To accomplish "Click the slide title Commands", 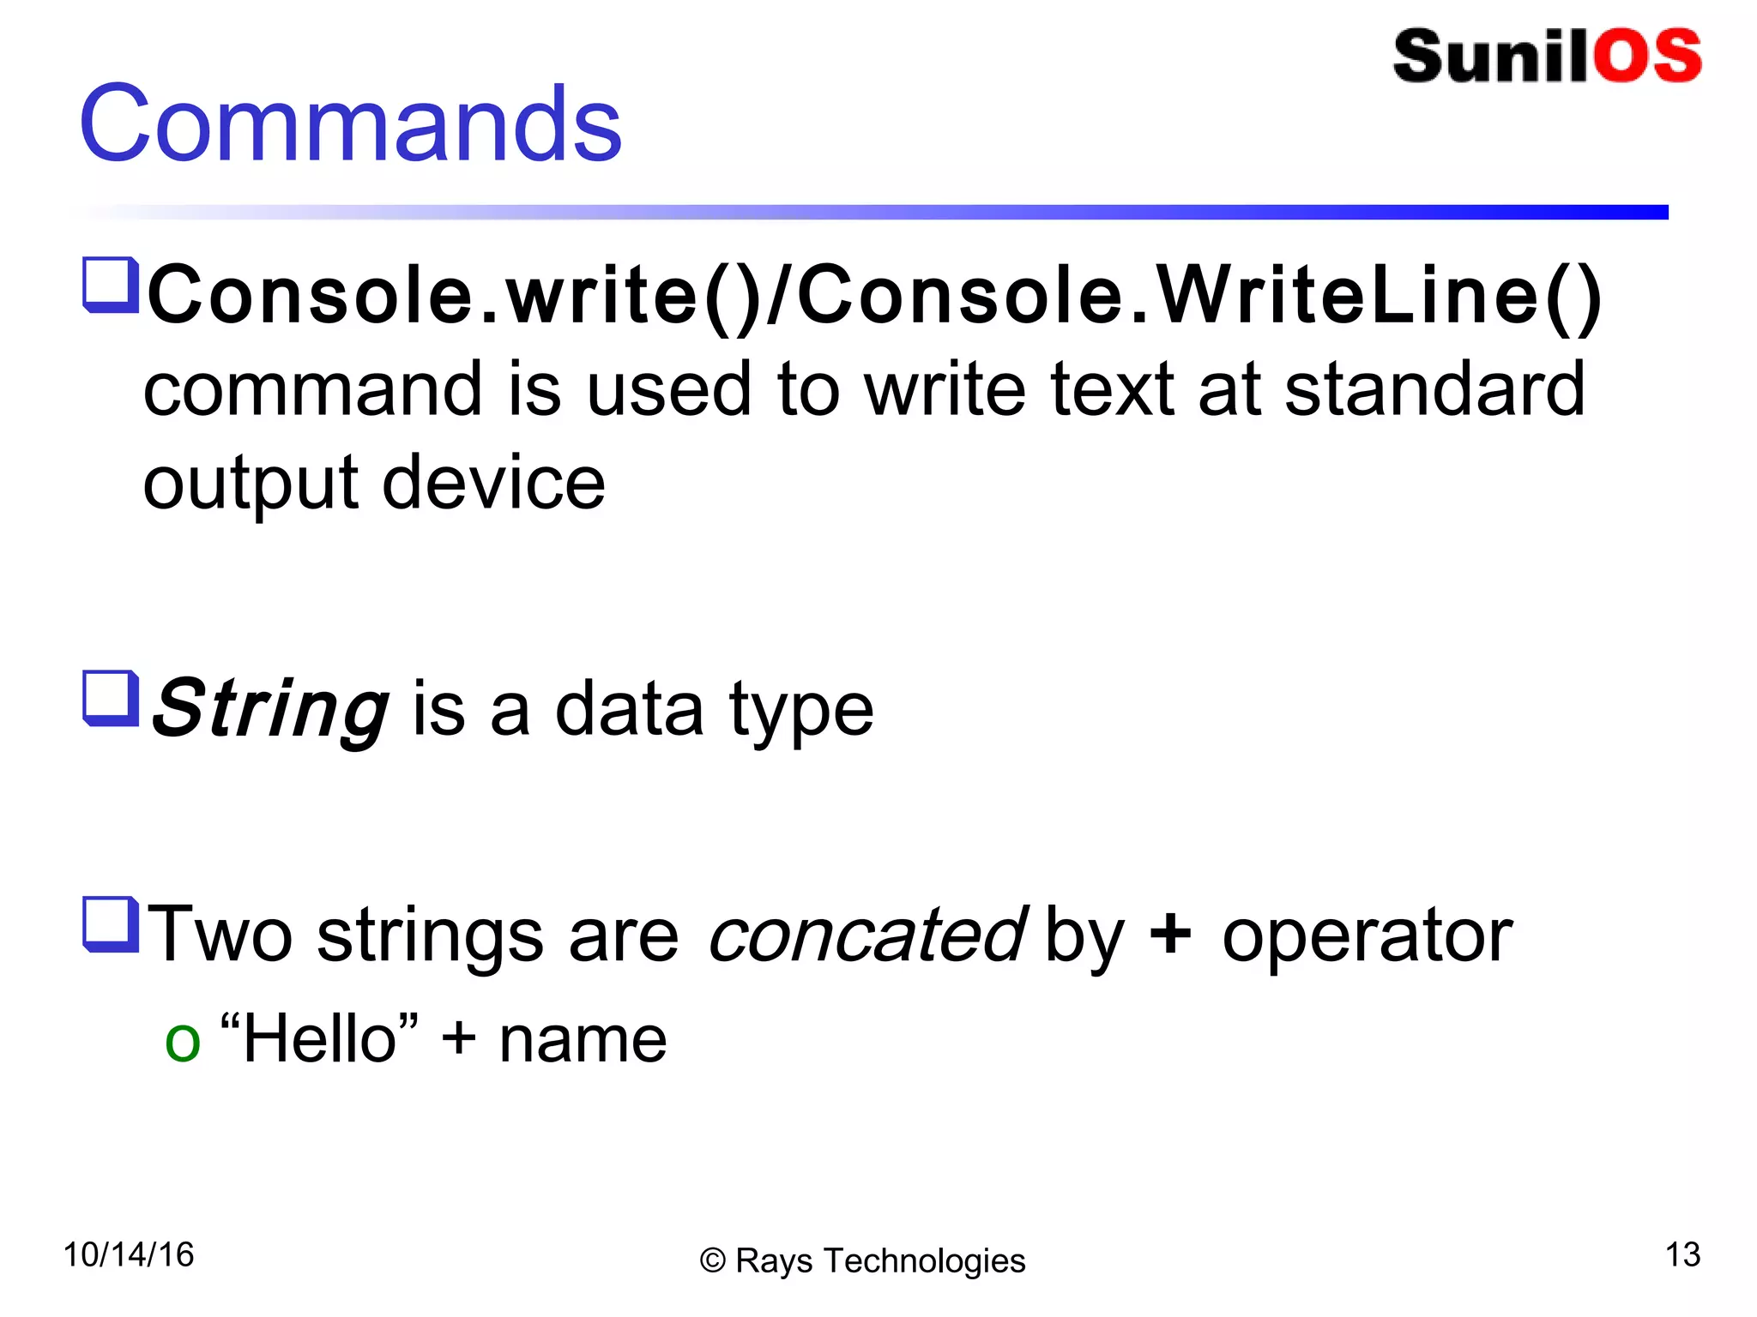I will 350,124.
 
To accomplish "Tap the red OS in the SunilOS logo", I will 1647,57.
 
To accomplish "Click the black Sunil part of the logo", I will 1493,57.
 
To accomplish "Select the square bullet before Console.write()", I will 111,285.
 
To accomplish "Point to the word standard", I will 1434,390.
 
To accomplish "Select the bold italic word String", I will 271,708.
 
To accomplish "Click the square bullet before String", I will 111,698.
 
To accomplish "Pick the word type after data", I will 801,712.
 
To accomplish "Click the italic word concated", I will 866,935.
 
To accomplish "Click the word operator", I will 1367,936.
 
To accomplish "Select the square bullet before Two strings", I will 111,924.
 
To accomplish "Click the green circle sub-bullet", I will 182,1043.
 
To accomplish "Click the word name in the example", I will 583,1040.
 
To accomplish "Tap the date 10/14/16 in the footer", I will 129,1254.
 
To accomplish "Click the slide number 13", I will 1682,1254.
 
